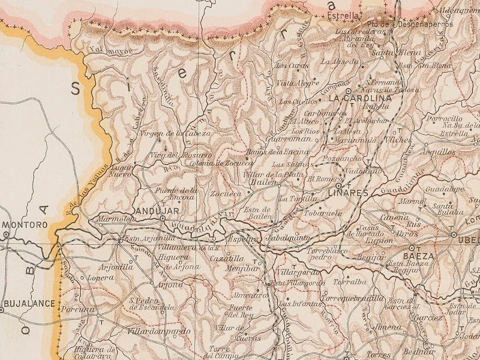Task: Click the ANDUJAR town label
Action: coord(155,211)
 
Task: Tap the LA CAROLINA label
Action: coord(360,98)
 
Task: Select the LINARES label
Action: coord(347,193)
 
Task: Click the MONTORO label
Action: coord(25,225)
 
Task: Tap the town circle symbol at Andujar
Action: coord(162,219)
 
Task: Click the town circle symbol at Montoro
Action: coord(5,235)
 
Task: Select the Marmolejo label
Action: coord(113,220)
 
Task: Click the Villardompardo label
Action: coord(158,331)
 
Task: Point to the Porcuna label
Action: coord(81,310)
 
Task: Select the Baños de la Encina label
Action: coord(277,152)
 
